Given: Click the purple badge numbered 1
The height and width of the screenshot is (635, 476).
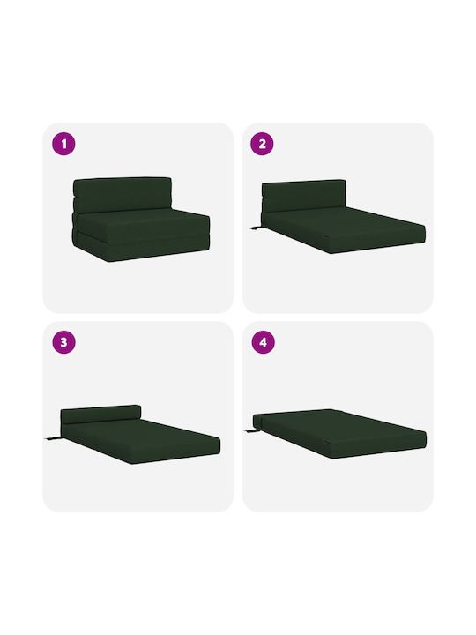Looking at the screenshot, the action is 64,144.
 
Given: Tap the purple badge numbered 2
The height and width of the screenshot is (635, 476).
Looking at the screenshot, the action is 263,144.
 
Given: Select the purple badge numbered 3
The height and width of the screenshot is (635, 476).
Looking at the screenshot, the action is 64,342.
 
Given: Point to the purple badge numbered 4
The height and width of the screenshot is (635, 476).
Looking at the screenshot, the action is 263,342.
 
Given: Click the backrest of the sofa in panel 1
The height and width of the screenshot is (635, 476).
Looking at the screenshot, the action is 123,194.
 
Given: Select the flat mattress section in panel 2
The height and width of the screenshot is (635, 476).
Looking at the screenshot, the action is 344,228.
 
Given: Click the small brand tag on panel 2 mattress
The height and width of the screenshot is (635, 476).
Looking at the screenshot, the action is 325,236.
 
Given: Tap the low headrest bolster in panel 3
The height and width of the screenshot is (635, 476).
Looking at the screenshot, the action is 100,415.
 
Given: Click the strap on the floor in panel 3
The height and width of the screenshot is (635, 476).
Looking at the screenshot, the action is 53,438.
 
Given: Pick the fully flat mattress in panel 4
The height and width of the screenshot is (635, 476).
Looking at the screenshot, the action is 339,434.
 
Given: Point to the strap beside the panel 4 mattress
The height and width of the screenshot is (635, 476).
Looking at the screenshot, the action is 252,431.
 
